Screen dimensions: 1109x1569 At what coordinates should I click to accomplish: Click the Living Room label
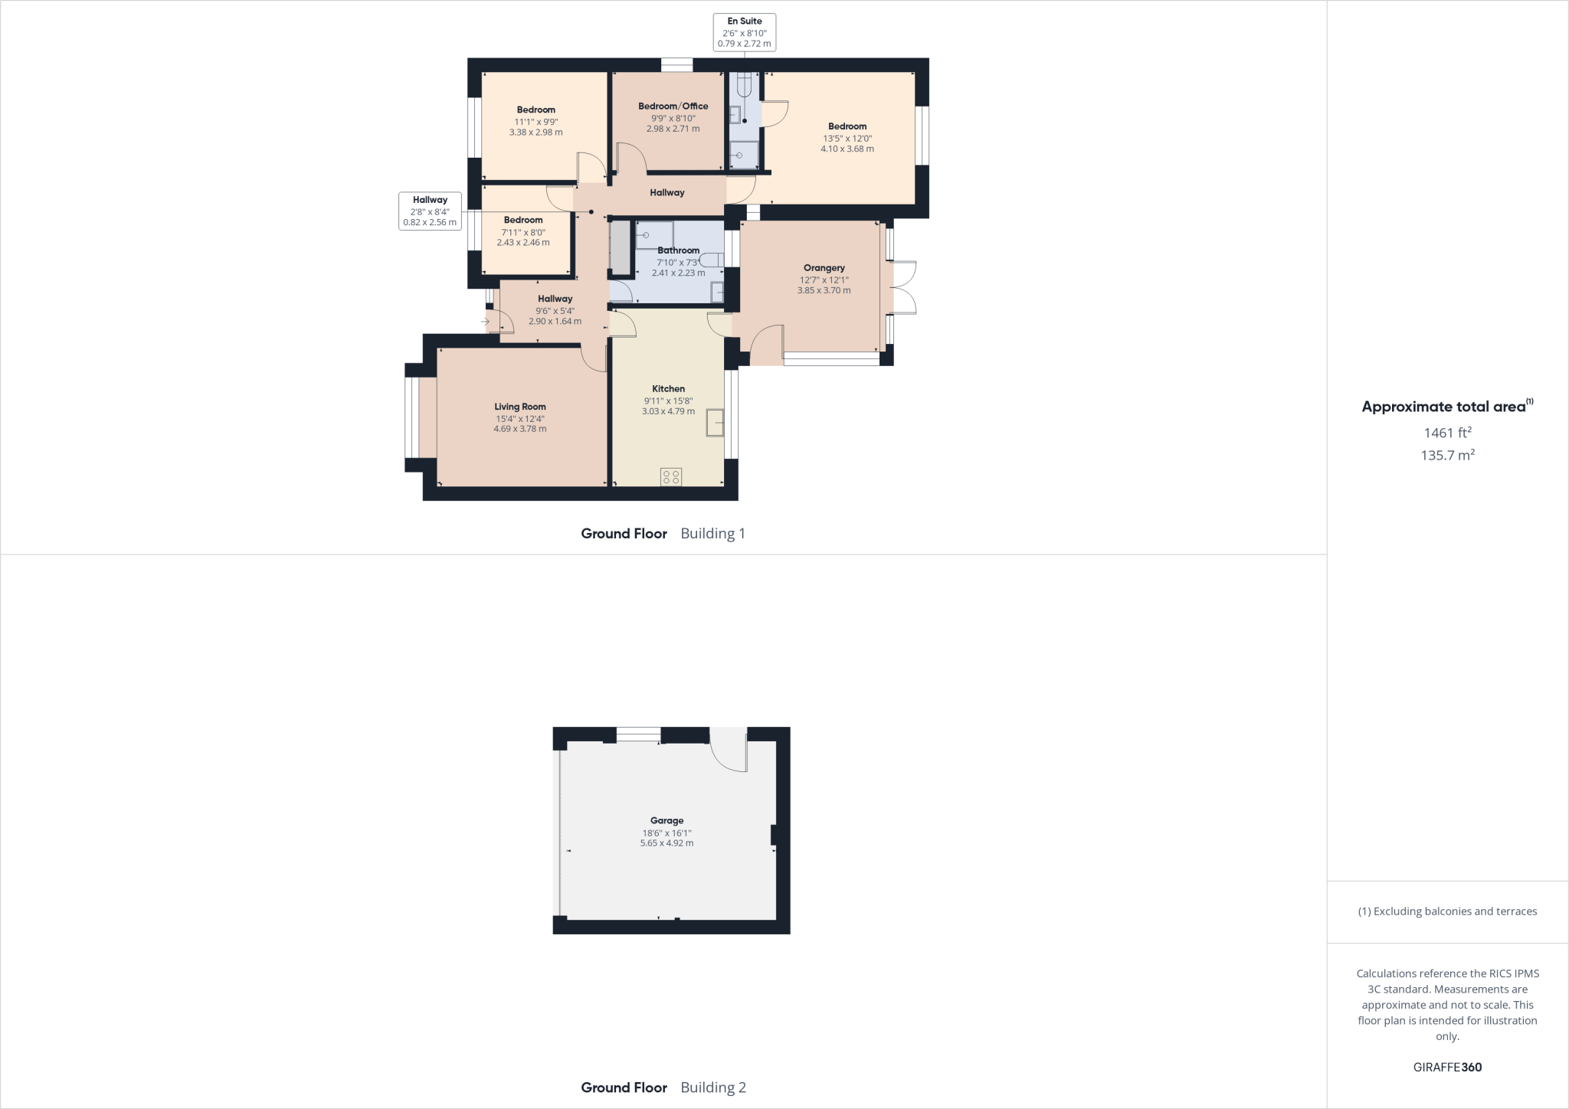(x=519, y=407)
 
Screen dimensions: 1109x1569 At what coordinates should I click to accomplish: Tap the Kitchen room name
(x=668, y=388)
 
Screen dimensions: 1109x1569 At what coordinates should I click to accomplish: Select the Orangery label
(x=824, y=268)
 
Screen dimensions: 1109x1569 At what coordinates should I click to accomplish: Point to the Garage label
(x=667, y=820)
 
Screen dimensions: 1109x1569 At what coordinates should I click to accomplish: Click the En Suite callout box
(x=744, y=32)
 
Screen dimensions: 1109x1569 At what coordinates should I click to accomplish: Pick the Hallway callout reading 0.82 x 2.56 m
(x=430, y=211)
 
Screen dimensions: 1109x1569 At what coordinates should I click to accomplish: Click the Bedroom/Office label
(x=673, y=106)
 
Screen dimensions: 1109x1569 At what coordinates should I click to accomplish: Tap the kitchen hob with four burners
(x=670, y=477)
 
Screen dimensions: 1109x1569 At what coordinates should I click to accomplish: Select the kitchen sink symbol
(x=715, y=423)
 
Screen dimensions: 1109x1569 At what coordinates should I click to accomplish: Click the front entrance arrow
(x=485, y=322)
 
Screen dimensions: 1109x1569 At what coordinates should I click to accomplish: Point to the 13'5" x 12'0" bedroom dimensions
(x=847, y=139)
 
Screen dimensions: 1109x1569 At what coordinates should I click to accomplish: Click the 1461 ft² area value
(x=1447, y=433)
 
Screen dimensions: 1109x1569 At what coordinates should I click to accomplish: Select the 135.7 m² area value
(x=1447, y=455)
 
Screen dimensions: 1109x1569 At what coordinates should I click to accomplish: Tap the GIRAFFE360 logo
(x=1447, y=1067)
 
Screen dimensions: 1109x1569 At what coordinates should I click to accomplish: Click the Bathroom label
(x=678, y=250)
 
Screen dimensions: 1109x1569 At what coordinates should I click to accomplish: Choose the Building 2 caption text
(x=712, y=1087)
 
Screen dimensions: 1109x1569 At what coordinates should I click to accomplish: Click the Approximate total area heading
(x=1446, y=407)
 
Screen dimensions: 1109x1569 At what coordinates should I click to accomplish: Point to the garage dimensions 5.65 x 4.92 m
(x=667, y=843)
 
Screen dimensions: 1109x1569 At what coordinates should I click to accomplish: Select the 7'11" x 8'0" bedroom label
(x=523, y=232)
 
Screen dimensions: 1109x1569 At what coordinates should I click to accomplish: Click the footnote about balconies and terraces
(x=1447, y=911)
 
